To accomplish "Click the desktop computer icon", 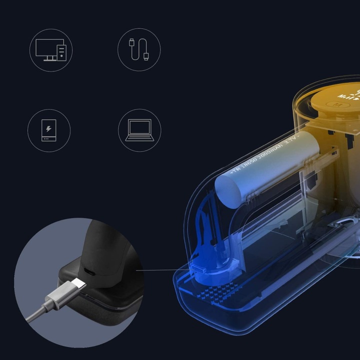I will [x=50, y=49].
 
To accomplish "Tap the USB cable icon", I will [x=139, y=49].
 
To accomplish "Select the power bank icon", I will [x=48, y=130].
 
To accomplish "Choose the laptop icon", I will [x=139, y=130].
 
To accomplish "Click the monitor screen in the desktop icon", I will [x=47, y=47].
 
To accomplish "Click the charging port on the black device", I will [x=90, y=272].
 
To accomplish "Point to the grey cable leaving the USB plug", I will [x=37, y=315].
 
